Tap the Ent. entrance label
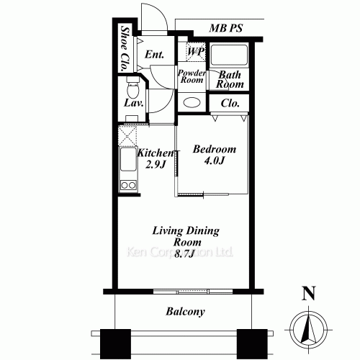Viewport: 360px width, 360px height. point(154,55)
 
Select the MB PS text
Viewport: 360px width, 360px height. point(226,29)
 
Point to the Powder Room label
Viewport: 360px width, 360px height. point(192,76)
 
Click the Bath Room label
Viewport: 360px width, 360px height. point(230,79)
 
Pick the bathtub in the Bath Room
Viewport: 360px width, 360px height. point(230,55)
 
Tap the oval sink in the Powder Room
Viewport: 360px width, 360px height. point(192,102)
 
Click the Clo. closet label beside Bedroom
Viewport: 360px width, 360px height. point(230,103)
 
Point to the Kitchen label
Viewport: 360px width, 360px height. point(155,153)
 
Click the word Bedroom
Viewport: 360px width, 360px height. point(215,149)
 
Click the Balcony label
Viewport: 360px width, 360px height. point(185,312)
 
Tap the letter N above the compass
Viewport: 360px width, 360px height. point(309,293)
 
